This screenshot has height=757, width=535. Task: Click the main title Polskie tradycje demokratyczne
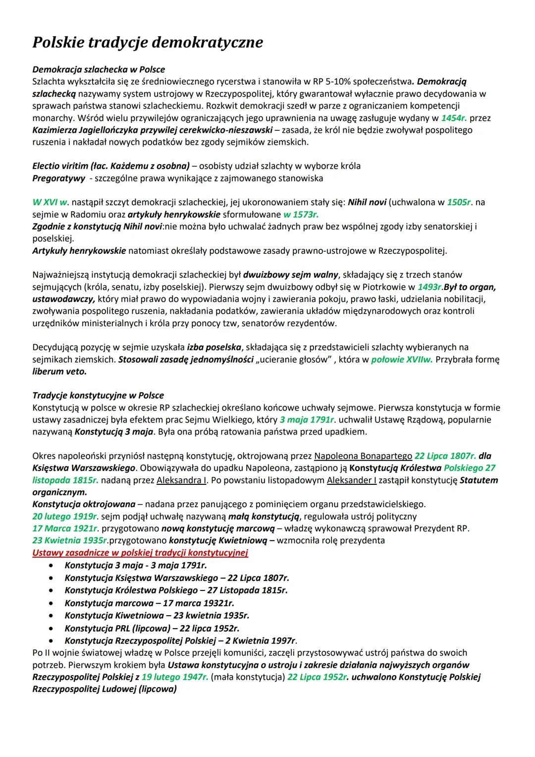(148, 42)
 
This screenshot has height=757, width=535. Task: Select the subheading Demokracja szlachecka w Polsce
(99, 69)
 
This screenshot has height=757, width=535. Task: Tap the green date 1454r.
(454, 118)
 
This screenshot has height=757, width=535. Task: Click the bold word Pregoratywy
(57, 178)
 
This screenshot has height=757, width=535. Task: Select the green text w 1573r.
(301, 214)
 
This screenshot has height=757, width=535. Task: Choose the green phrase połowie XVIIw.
(402, 359)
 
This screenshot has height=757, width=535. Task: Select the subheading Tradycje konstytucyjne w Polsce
(98, 396)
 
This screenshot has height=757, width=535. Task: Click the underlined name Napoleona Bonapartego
(363, 456)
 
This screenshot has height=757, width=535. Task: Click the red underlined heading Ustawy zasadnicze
(140, 552)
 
